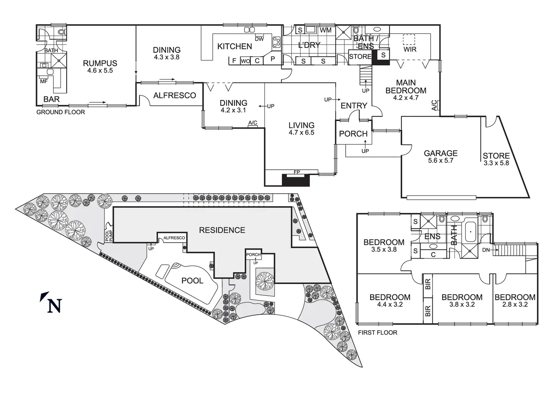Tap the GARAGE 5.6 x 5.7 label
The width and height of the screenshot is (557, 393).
tap(440, 156)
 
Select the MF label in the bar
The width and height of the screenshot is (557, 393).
tap(44, 81)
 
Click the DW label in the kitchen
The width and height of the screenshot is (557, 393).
tap(259, 39)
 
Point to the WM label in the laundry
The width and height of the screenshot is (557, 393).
tap(325, 30)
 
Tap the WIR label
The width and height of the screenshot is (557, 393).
tap(410, 49)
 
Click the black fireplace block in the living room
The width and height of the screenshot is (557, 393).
tap(296, 180)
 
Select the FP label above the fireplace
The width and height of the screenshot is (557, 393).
tap(297, 172)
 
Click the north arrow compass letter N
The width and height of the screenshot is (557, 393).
tap(54, 306)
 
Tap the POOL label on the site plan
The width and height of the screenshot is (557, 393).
tap(192, 281)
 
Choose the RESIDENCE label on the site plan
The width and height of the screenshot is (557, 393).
tap(222, 230)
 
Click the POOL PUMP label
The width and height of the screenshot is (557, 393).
tap(109, 236)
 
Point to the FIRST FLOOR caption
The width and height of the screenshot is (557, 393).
tap(378, 332)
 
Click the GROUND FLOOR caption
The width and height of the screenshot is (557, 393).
tap(61, 112)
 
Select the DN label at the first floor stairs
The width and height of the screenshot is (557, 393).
tap(486, 250)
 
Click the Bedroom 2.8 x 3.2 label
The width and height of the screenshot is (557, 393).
tap(515, 301)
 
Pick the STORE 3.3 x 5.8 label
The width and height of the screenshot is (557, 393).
tap(496, 159)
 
